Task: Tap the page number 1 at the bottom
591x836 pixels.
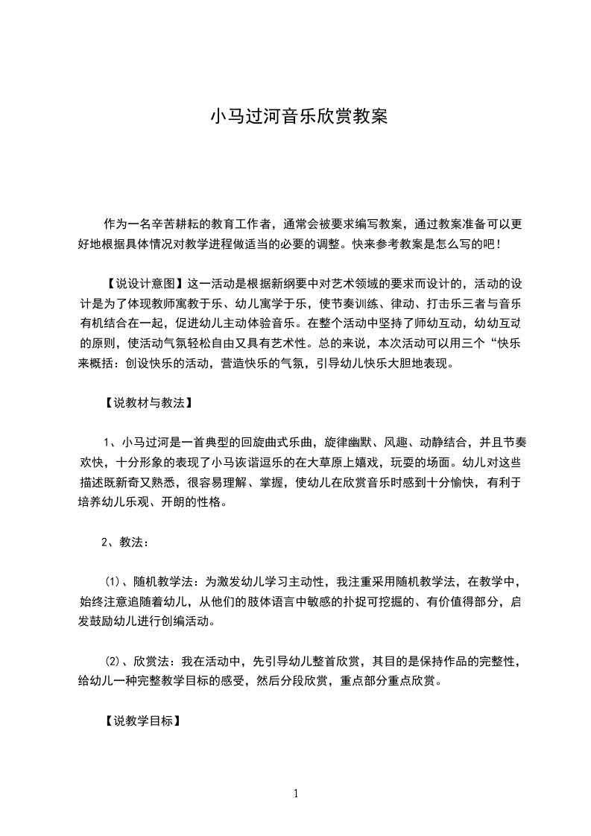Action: point(297,794)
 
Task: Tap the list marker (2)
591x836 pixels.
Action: point(112,661)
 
